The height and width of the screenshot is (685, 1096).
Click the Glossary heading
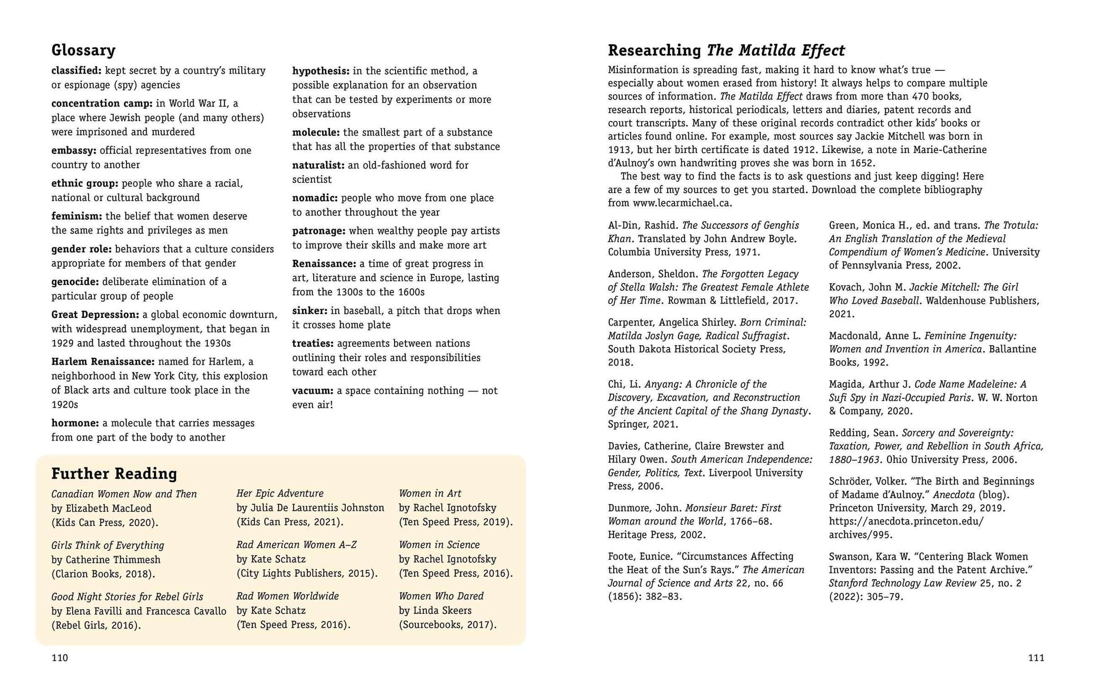(x=83, y=50)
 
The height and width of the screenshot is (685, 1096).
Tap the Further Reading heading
(x=114, y=474)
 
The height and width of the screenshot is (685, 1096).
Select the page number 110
(x=59, y=658)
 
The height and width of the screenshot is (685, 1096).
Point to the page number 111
(x=1036, y=658)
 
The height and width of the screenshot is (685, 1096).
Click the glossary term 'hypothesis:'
(x=321, y=71)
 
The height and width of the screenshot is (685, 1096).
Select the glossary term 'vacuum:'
(x=313, y=391)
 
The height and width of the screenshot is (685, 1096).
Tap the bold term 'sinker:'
(x=310, y=311)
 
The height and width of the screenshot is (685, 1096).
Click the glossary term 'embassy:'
(x=74, y=151)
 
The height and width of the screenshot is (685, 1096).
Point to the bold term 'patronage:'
(x=318, y=231)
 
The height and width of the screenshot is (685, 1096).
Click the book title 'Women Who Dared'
(x=441, y=596)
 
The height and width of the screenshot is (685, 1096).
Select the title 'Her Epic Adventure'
(x=279, y=493)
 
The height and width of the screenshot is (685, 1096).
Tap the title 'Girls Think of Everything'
(x=107, y=545)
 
